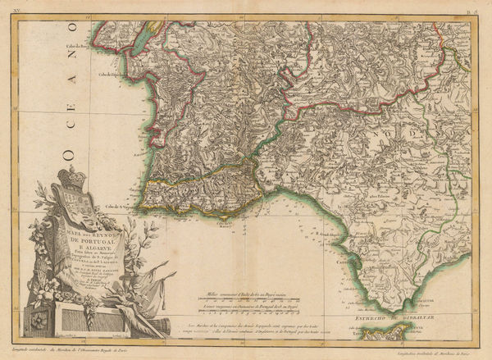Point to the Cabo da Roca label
(x=78, y=46)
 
